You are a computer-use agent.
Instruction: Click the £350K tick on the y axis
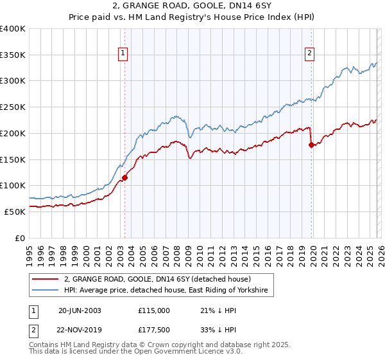coord(13,55)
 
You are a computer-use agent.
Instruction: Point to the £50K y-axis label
coord(15,212)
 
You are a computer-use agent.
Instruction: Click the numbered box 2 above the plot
coord(309,54)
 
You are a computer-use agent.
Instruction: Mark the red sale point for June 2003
coord(124,178)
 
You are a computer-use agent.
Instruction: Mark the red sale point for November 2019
coord(312,145)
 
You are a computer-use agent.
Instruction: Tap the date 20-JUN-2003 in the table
coord(80,310)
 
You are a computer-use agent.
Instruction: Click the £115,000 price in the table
coord(154,310)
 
